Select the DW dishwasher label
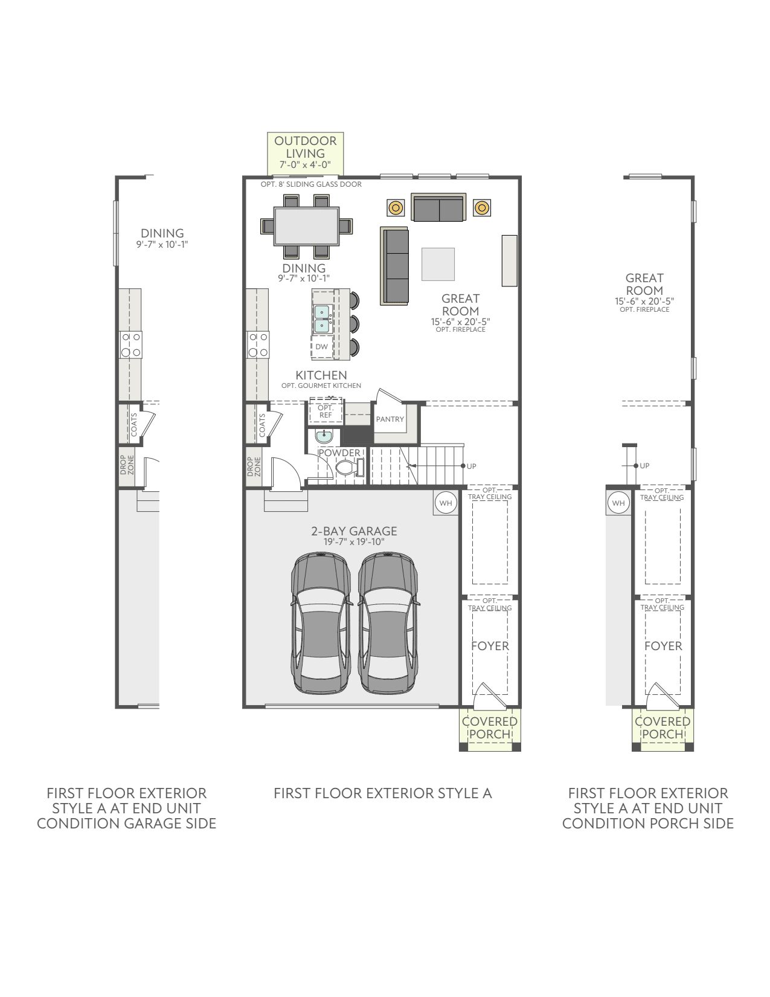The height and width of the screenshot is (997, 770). click(x=321, y=347)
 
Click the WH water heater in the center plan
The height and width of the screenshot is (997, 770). click(x=445, y=503)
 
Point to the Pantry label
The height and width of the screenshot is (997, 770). click(x=390, y=419)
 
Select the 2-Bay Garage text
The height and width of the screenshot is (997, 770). click(x=354, y=531)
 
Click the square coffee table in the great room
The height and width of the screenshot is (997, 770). click(x=438, y=264)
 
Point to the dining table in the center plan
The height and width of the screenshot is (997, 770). click(x=307, y=226)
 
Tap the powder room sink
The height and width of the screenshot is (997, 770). click(x=324, y=436)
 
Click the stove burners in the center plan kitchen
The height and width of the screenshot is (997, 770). click(x=258, y=344)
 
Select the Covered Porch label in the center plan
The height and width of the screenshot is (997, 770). click(x=490, y=728)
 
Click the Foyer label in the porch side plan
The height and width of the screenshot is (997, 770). click(x=663, y=646)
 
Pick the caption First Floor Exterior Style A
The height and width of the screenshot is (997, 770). click(x=382, y=793)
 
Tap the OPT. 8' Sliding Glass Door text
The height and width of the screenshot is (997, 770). click(x=311, y=184)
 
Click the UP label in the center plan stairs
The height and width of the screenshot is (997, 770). click(x=472, y=466)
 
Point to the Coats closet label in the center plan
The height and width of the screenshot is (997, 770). click(x=262, y=425)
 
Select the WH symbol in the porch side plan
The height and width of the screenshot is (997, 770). click(x=618, y=503)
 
